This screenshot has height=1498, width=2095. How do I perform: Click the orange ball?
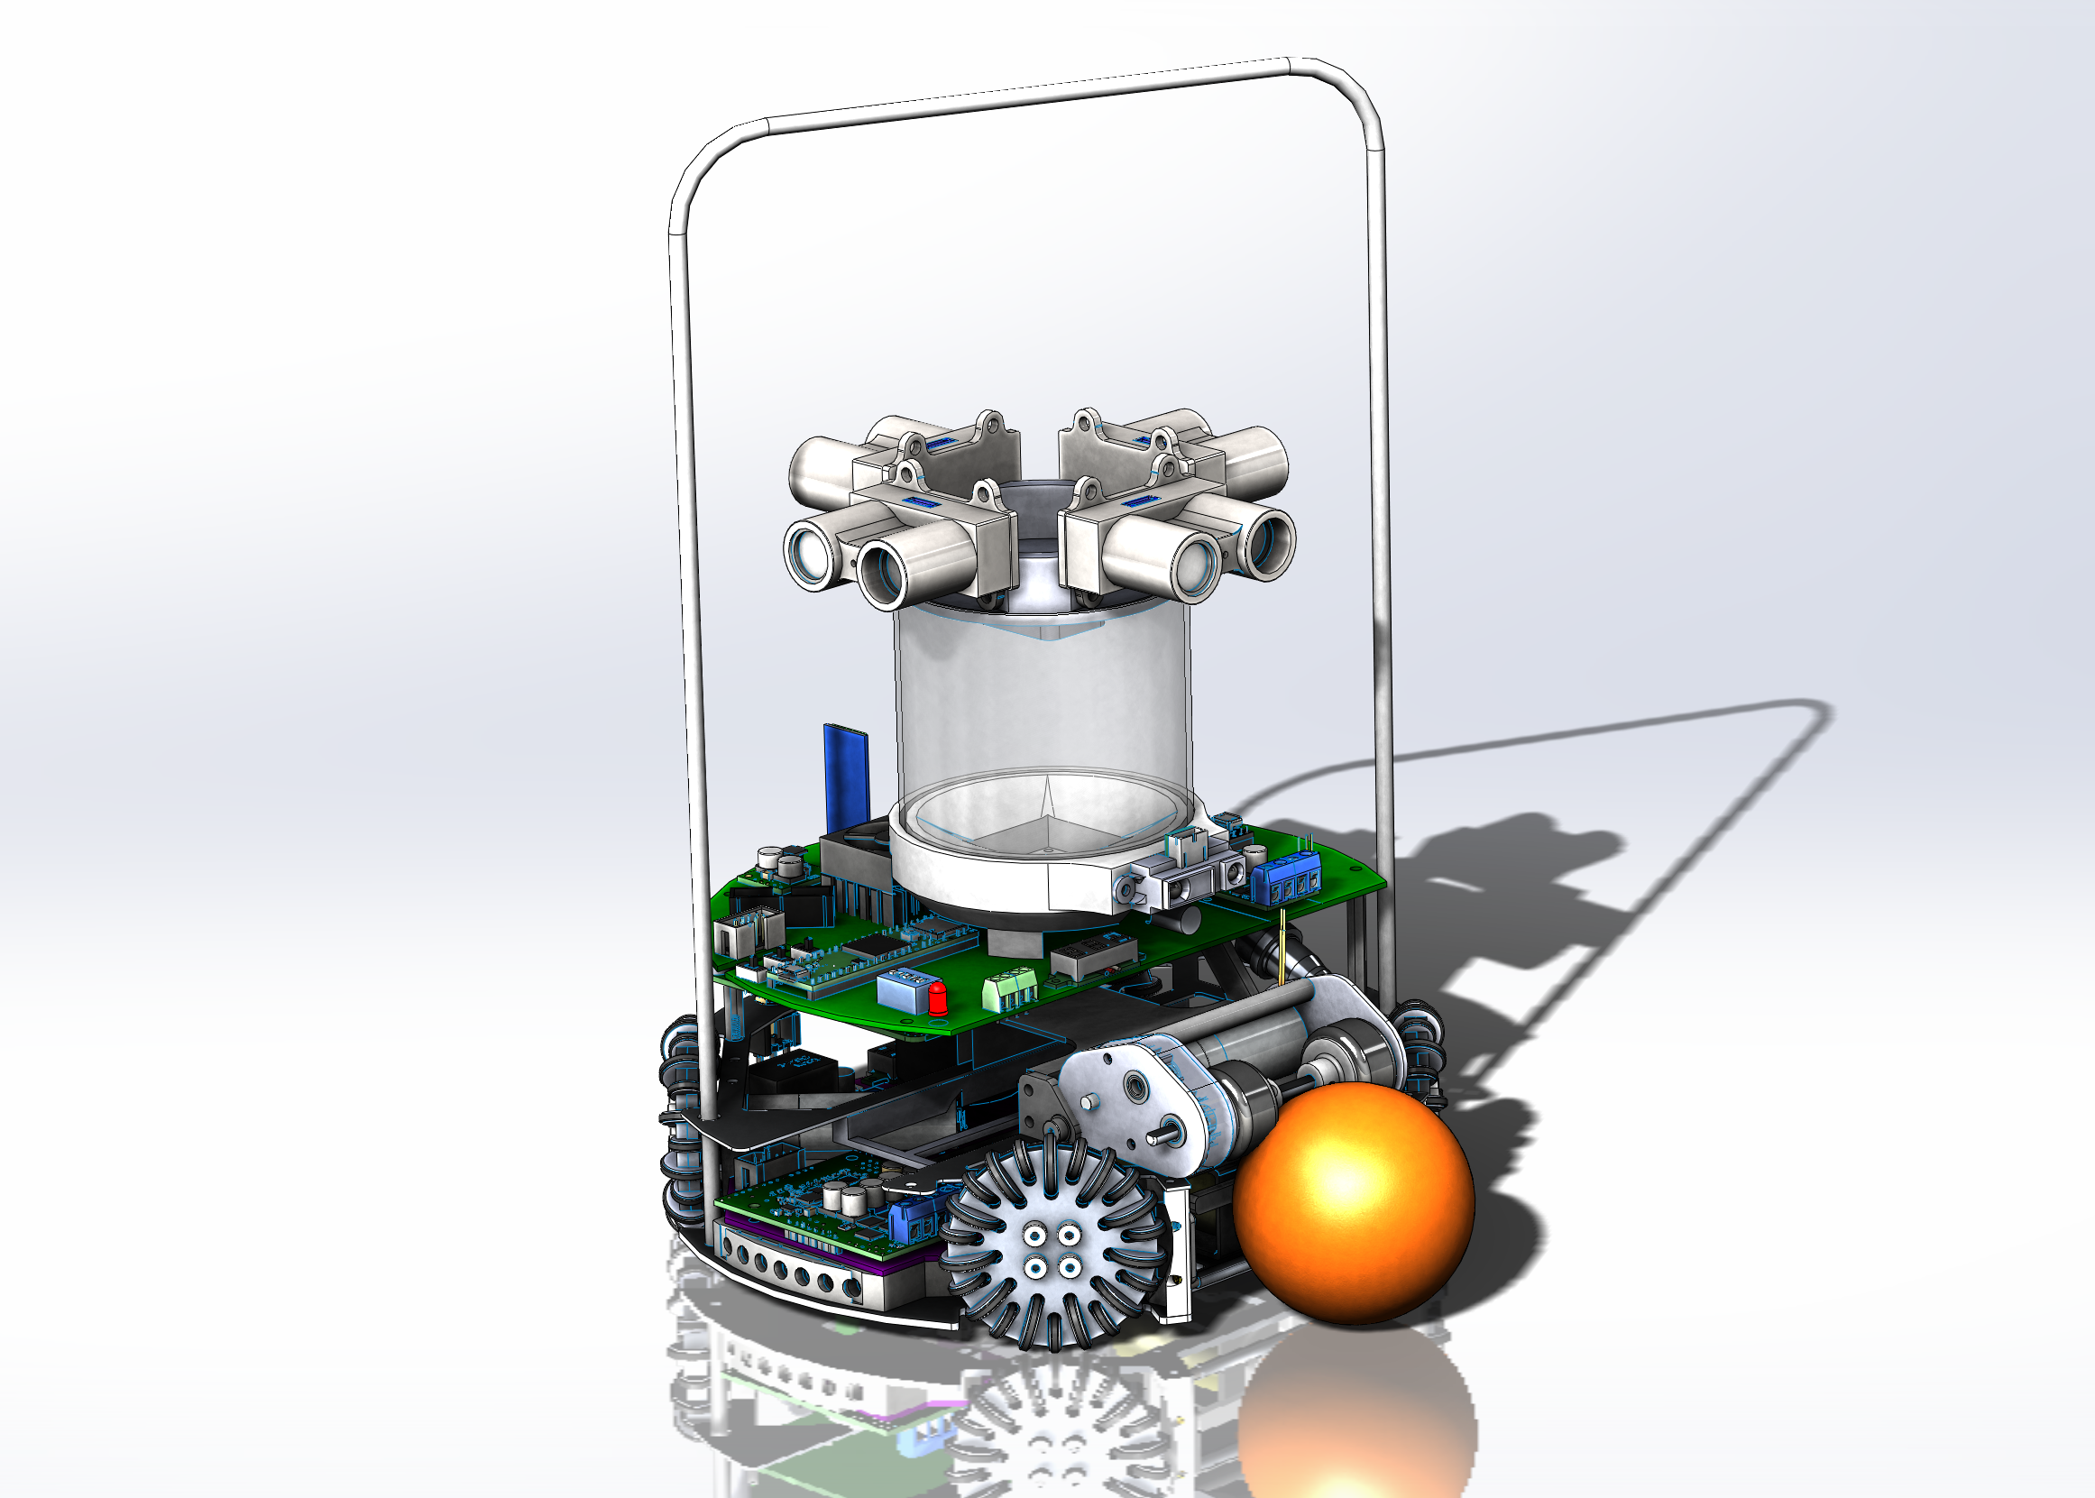(1354, 1204)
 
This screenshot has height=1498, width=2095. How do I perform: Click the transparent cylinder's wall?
(1043, 701)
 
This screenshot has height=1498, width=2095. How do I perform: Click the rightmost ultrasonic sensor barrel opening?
(1270, 545)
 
